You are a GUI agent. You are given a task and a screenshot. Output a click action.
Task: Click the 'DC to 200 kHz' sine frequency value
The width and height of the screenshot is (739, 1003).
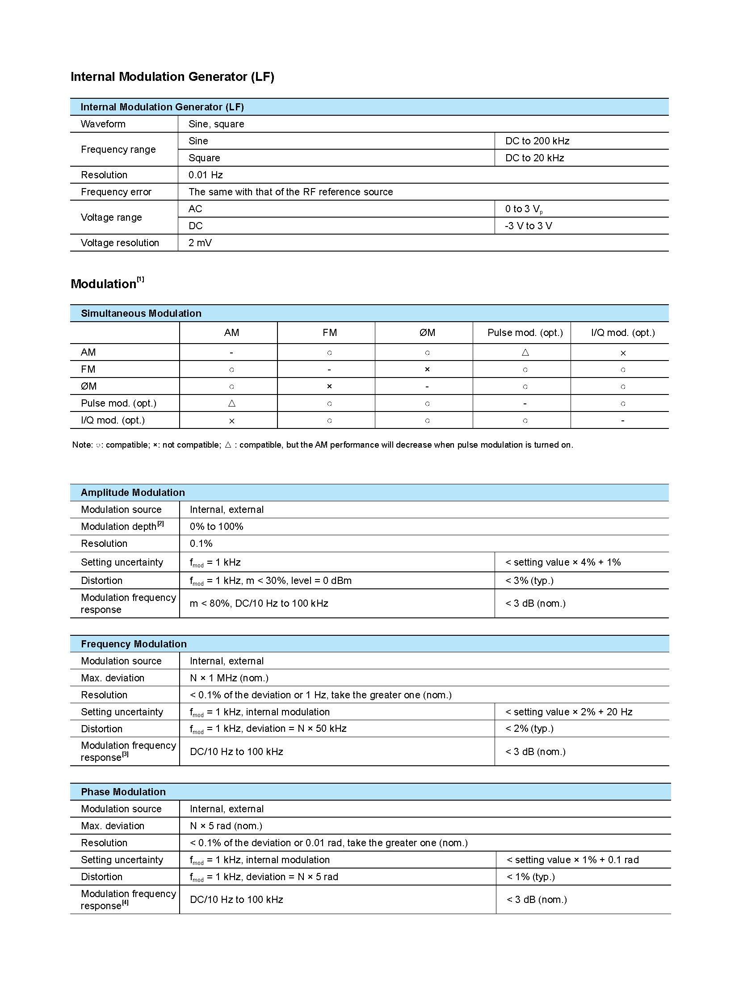coord(537,141)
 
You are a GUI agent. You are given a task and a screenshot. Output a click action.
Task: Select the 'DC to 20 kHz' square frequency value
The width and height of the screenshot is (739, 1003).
coord(534,158)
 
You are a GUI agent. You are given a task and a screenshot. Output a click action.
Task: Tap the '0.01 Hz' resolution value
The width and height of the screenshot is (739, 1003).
coord(206,175)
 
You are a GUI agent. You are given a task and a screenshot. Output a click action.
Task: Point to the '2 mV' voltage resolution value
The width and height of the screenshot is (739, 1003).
coord(200,243)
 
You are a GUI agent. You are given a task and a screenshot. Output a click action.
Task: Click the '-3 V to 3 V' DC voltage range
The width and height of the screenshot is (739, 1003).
coord(528,226)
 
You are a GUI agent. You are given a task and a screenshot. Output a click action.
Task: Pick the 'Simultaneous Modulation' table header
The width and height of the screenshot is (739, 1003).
coord(141,313)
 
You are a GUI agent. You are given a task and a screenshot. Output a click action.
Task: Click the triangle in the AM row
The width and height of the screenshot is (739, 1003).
coord(525,353)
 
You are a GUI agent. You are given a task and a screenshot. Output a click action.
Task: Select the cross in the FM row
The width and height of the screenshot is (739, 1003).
coord(427,369)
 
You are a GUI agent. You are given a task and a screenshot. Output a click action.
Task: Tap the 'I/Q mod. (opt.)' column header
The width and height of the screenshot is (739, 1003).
coord(623,333)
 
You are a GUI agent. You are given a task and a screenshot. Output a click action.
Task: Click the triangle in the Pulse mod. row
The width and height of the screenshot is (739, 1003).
coord(232,403)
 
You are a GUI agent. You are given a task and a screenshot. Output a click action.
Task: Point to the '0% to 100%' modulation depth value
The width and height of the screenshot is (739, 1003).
coord(216,527)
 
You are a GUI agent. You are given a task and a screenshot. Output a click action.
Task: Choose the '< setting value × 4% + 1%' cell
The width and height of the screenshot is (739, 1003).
coord(563,562)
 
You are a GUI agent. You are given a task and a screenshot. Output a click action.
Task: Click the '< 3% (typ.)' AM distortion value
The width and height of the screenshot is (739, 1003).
coord(529,581)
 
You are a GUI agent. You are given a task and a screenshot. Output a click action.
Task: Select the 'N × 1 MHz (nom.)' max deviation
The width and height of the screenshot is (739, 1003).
coord(229,678)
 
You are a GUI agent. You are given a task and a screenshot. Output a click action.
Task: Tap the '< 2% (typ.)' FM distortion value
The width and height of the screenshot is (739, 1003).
coord(529,729)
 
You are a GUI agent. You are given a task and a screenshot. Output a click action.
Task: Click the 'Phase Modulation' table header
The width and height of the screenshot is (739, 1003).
coord(123,792)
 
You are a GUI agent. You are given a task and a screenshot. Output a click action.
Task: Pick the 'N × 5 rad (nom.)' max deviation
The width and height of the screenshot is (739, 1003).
coord(226,826)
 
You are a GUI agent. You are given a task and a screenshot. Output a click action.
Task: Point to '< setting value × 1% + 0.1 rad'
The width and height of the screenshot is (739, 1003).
coord(572,860)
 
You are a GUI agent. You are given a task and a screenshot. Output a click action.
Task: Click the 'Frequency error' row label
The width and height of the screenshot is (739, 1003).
coord(116,192)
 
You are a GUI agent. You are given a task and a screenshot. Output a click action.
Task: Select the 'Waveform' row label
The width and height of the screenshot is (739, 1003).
coord(103,124)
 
